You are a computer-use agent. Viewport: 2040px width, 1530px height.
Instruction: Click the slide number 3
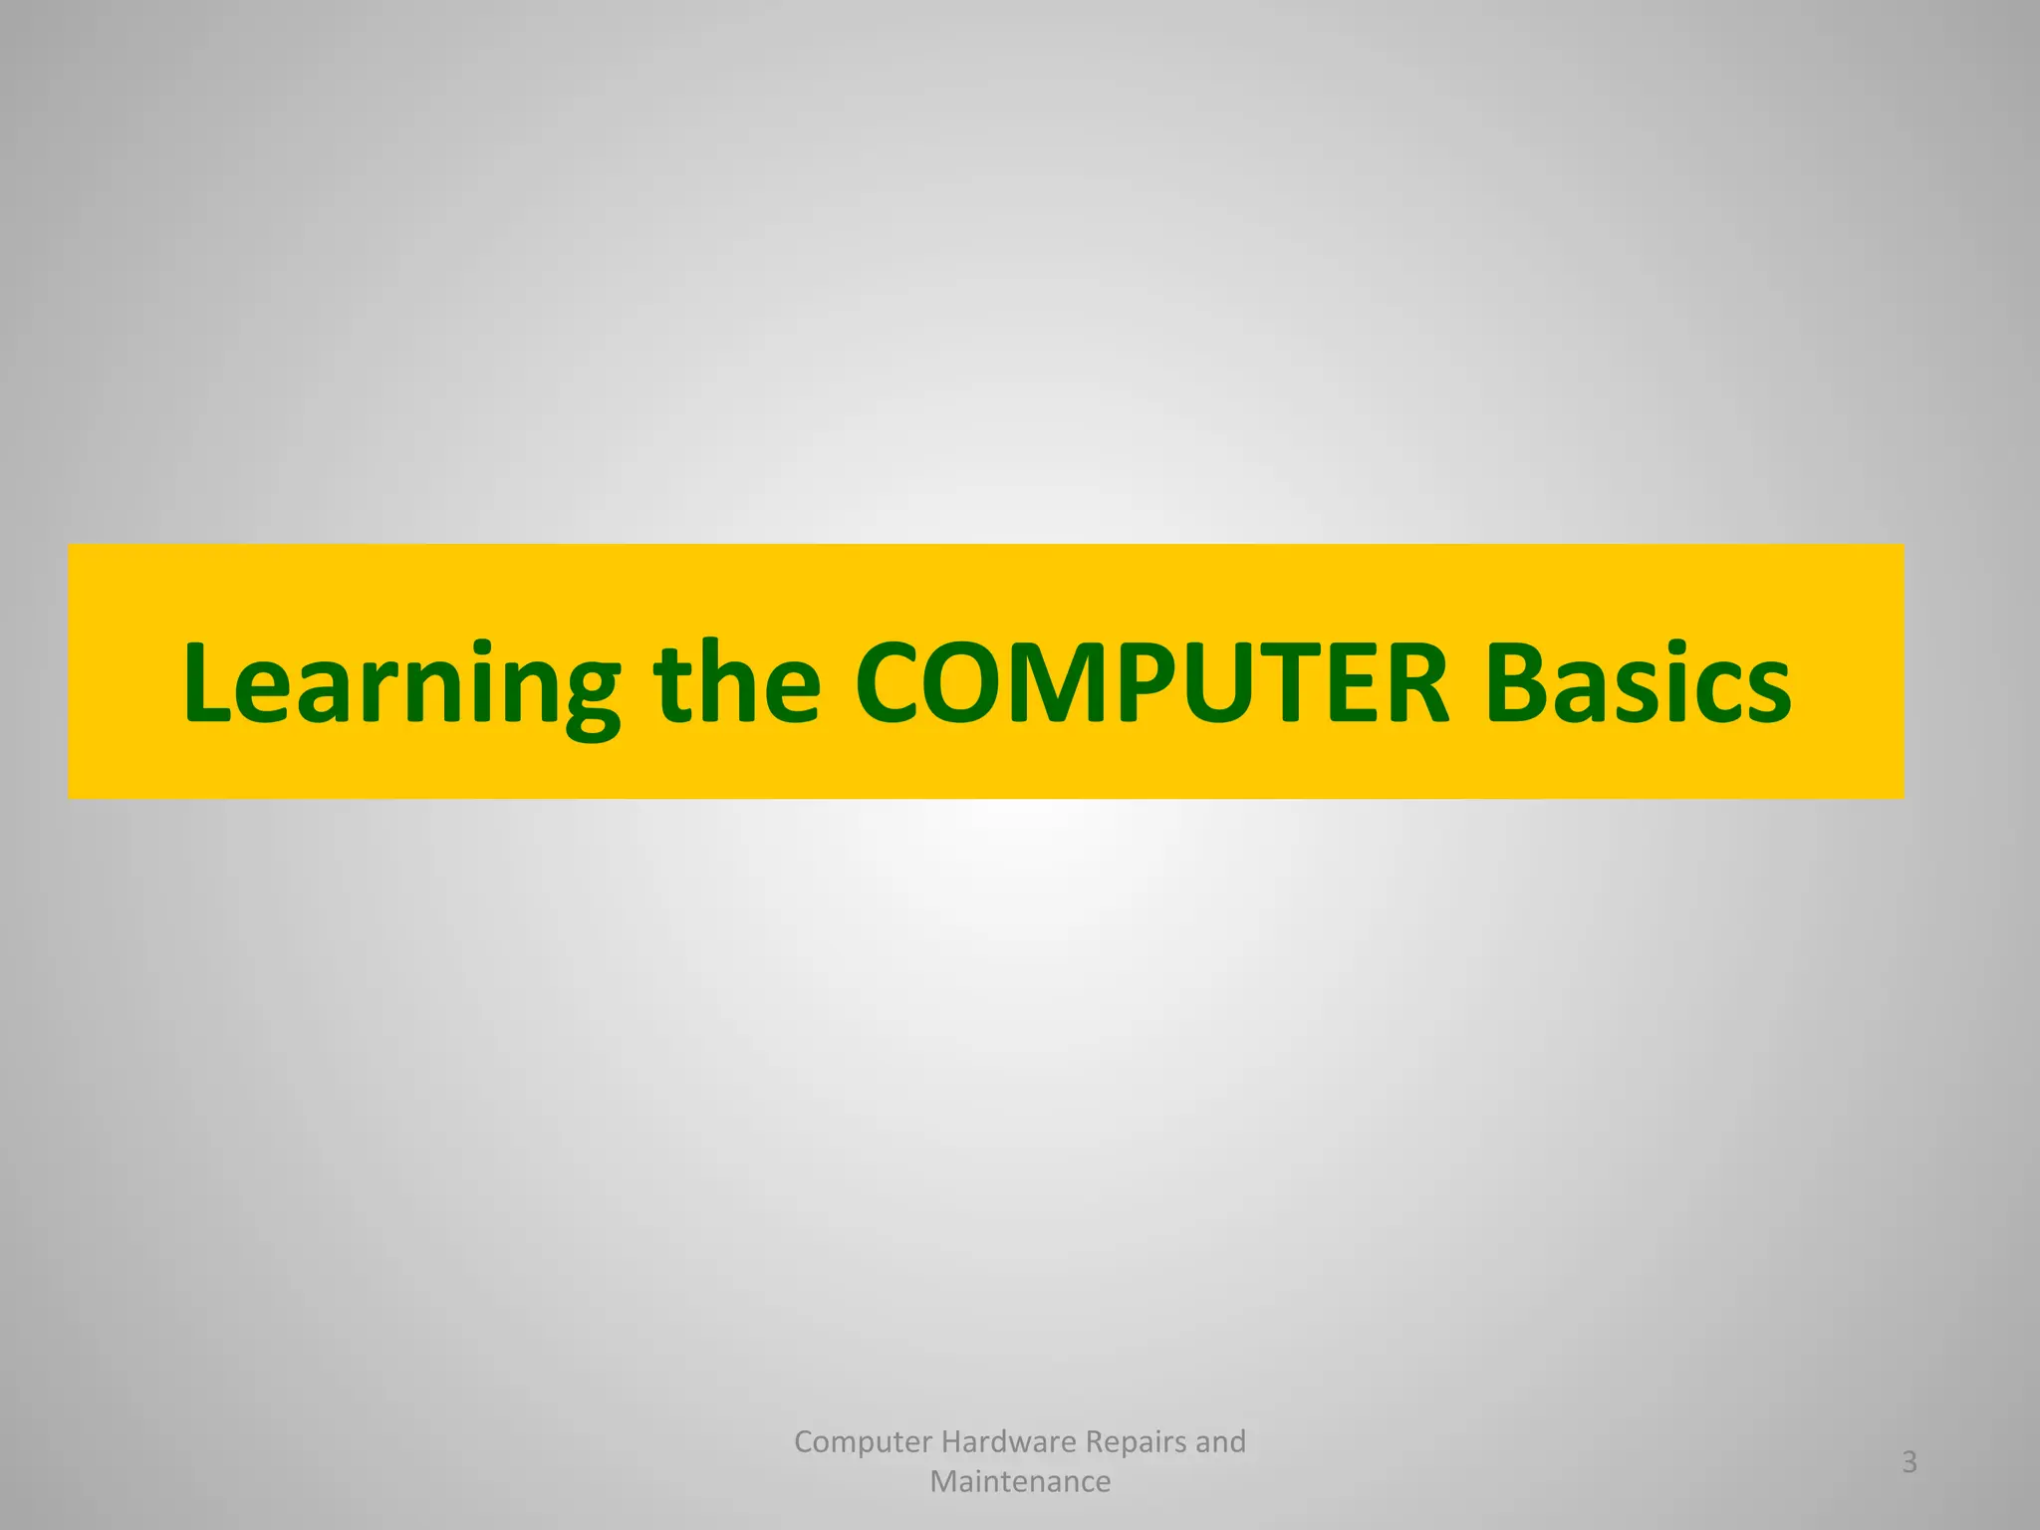[x=1910, y=1462]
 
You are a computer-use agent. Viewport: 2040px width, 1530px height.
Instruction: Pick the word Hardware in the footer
[x=1008, y=1441]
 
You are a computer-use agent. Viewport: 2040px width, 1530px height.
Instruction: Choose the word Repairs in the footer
[x=1136, y=1441]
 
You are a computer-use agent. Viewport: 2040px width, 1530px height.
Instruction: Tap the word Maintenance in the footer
[x=1020, y=1482]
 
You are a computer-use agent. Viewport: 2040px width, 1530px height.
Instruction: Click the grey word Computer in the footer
[x=863, y=1441]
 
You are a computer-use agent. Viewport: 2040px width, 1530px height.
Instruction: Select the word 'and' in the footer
[x=1221, y=1441]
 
